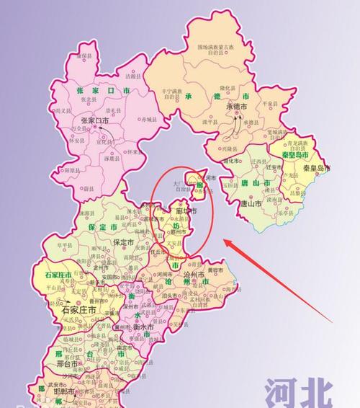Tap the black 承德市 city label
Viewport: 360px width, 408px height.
click(237, 107)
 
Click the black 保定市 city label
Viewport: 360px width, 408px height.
click(128, 242)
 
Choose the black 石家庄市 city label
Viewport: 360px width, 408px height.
click(80, 310)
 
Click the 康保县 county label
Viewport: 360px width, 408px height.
click(85, 56)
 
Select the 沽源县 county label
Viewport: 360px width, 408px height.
click(131, 76)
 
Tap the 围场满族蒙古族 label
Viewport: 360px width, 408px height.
click(215, 48)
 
